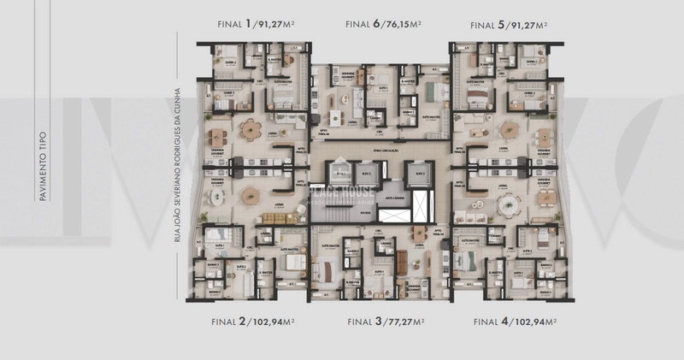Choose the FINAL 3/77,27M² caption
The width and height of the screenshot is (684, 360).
click(x=384, y=322)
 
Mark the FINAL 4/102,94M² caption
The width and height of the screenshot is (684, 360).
click(x=516, y=322)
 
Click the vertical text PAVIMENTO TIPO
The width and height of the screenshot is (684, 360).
click(x=42, y=166)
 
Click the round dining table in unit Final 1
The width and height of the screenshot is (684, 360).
click(x=251, y=130)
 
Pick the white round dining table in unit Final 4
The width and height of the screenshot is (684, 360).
click(x=510, y=204)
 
